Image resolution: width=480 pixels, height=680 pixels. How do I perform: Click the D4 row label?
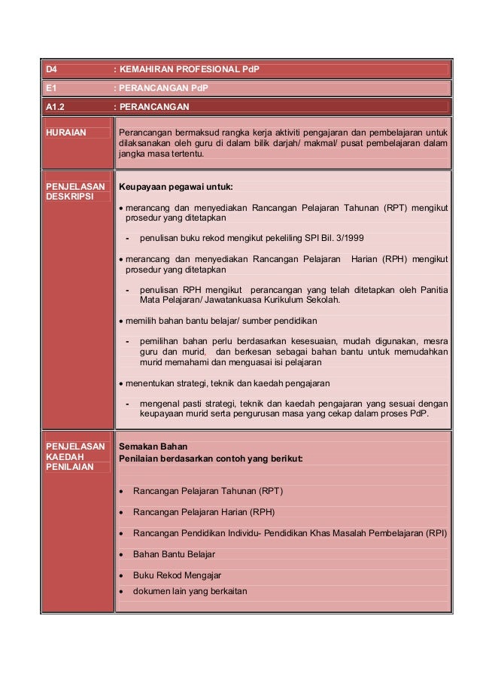coord(52,70)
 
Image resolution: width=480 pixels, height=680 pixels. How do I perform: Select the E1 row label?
coord(51,88)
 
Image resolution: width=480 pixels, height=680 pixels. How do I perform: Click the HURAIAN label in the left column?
coord(66,133)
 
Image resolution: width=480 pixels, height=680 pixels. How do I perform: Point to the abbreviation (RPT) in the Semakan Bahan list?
coord(271,491)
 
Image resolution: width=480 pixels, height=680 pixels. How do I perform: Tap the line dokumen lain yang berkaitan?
coord(190,590)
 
